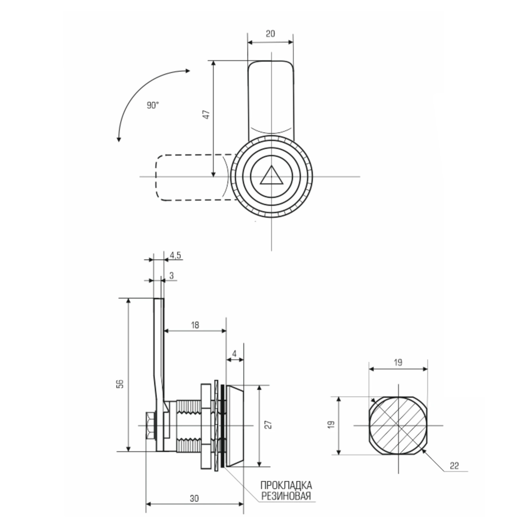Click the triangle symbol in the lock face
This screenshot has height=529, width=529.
271,177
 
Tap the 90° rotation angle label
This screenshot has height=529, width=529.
153,105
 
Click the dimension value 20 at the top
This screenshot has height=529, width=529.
270,34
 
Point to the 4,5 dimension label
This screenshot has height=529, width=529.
175,255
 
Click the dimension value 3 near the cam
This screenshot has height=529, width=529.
171,275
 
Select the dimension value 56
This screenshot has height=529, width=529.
120,384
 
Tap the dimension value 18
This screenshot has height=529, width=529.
195,325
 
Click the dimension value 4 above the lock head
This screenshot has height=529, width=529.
234,353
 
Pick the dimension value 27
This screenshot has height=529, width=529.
269,425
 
